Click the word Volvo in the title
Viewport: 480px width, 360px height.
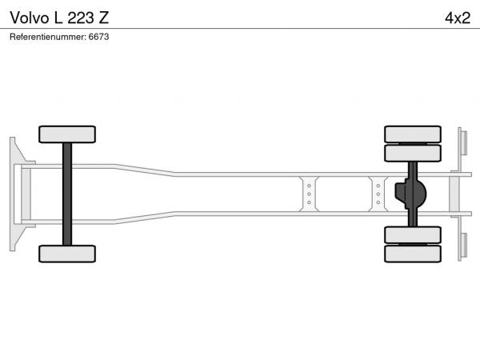(x=30, y=18)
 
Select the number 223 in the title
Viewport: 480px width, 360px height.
(x=81, y=18)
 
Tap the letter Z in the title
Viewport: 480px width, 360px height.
(x=104, y=18)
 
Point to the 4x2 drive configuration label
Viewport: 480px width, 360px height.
(x=458, y=18)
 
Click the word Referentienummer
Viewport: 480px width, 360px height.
(x=48, y=37)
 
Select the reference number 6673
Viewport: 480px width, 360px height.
(x=98, y=37)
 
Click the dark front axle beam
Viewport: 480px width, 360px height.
(x=67, y=194)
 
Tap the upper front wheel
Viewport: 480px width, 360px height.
(x=67, y=134)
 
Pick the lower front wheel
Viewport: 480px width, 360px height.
(x=67, y=254)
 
